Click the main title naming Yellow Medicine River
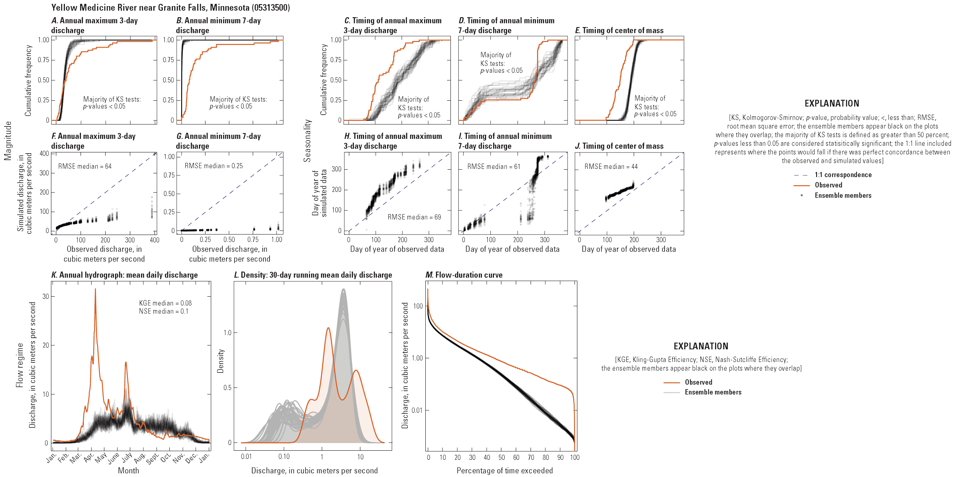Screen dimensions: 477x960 170,7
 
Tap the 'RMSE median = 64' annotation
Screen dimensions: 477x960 85,166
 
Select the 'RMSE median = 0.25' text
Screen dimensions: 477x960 213,166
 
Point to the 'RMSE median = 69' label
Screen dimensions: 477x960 414,217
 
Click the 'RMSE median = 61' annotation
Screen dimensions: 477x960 494,166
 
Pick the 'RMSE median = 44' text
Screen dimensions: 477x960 611,166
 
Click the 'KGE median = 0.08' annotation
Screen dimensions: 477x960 165,303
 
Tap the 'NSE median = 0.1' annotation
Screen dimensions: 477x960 163,311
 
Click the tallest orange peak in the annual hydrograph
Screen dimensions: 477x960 95,290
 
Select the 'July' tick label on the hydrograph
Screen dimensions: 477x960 127,456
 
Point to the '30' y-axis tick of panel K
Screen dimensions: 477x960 46,296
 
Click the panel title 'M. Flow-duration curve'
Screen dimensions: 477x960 464,275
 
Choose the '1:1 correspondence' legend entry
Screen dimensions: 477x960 843,175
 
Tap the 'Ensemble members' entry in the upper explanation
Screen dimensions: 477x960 843,196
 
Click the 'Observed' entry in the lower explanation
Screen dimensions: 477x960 698,382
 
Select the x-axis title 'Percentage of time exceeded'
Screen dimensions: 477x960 505,470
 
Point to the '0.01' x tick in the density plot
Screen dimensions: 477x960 246,457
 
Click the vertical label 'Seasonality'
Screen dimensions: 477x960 307,141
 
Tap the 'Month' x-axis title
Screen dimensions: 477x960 128,470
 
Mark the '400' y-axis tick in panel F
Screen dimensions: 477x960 44,154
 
